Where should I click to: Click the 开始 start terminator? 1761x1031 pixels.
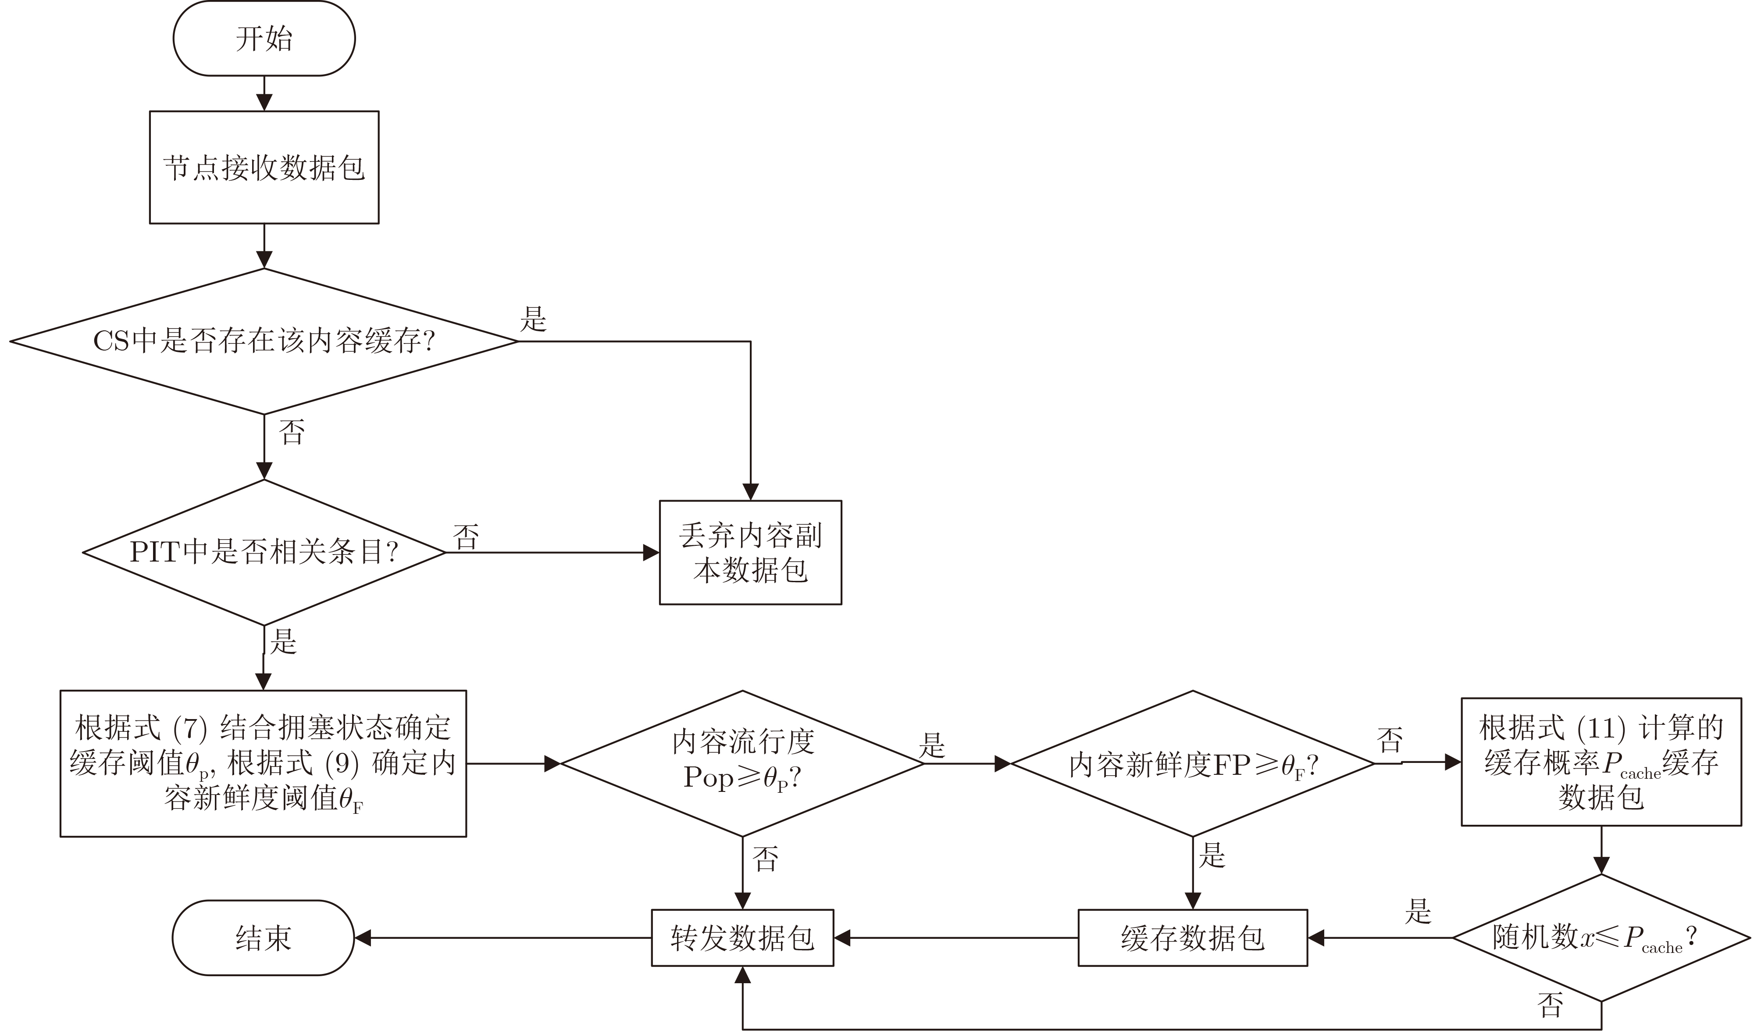tap(264, 39)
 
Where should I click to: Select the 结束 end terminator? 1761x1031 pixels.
tap(264, 938)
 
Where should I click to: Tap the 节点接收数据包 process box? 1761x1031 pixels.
tap(264, 168)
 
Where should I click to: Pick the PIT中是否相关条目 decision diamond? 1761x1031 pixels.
tap(264, 552)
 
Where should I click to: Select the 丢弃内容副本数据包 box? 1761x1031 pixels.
tap(751, 552)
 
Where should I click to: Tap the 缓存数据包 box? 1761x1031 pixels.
tap(1192, 938)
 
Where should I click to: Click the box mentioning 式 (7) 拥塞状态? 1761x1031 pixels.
tap(264, 763)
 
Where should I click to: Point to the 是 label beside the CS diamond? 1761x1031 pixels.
tap(533, 319)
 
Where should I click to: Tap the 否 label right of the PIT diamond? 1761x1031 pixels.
tap(466, 537)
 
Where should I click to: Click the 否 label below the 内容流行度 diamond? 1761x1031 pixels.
tap(765, 858)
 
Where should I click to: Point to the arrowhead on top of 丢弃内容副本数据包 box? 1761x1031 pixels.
tap(751, 492)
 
